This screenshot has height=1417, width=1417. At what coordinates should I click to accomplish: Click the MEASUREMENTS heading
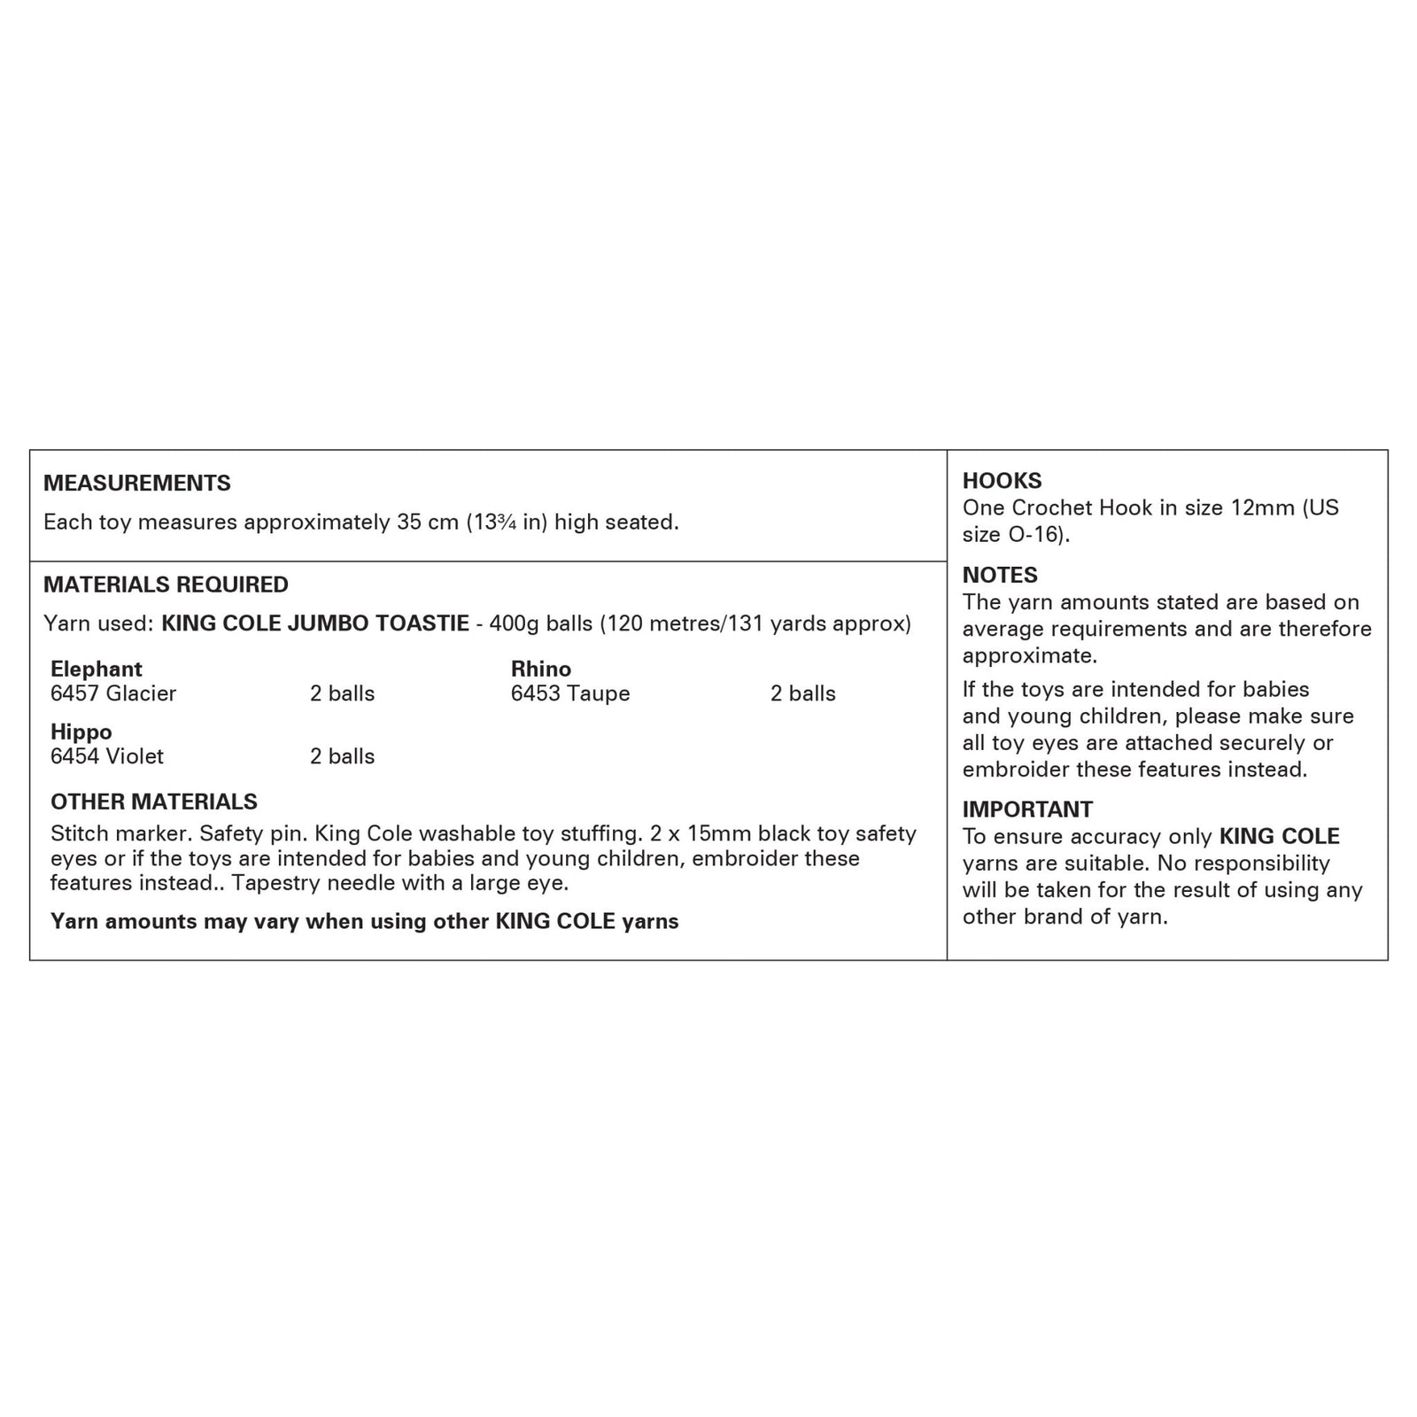(136, 483)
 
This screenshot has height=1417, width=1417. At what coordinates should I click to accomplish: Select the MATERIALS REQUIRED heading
(166, 585)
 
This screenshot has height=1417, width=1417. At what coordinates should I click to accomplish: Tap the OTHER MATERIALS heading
(154, 801)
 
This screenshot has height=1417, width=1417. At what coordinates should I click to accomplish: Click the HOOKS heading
(1002, 481)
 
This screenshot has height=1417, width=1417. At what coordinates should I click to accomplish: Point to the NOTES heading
(1000, 575)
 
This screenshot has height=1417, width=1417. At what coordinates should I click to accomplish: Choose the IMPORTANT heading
(1027, 809)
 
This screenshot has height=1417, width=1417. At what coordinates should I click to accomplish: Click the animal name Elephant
(97, 669)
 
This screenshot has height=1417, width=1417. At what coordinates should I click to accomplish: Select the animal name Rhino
(541, 669)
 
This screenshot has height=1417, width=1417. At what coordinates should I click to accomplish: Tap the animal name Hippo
(81, 732)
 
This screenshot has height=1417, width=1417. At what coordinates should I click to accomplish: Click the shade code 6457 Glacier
(113, 693)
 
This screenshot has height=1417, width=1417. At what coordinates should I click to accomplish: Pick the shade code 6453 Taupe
(570, 693)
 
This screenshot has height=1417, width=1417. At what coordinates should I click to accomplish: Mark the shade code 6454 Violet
(107, 756)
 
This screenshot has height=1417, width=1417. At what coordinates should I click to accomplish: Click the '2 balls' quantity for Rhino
(802, 693)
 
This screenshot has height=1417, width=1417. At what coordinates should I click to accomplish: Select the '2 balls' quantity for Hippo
(342, 756)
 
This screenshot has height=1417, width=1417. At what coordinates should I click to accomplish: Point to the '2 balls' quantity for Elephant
(342, 693)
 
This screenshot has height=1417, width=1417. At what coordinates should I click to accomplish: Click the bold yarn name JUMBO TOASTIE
(379, 623)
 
